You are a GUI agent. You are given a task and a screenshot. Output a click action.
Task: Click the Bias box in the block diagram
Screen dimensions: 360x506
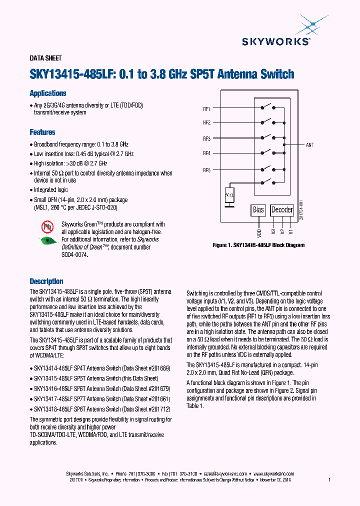tap(258, 210)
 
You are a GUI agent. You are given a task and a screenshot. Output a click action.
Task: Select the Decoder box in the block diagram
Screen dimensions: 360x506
tap(282, 210)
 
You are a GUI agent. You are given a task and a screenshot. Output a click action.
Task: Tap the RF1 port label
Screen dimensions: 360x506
tap(206, 108)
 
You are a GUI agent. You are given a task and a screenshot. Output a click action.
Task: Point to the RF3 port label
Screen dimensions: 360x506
tap(206, 138)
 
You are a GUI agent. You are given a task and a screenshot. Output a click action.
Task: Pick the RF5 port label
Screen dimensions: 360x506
tap(206, 170)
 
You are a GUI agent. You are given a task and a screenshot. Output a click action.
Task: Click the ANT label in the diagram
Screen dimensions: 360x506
tap(309, 145)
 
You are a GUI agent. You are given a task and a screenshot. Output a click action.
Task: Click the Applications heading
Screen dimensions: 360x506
tap(48, 93)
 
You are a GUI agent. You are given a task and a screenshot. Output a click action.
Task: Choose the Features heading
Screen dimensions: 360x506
tap(42, 132)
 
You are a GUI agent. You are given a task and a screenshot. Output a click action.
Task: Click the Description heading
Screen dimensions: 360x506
tap(46, 281)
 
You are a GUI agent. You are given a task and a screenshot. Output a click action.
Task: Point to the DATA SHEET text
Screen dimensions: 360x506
tap(45, 58)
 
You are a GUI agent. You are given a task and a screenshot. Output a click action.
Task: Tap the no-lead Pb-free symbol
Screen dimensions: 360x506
tap(47, 228)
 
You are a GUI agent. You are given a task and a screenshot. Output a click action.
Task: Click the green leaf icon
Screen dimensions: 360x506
tap(48, 240)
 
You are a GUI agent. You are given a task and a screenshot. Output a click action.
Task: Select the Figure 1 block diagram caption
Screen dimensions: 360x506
tap(258, 245)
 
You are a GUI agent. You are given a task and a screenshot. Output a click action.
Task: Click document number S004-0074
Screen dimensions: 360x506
tap(74, 254)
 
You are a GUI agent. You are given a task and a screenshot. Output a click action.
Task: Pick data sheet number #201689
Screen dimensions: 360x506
tap(159, 368)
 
